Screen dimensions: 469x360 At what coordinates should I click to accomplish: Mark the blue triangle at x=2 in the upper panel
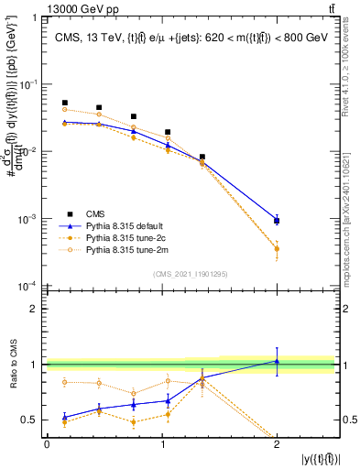click(277, 220)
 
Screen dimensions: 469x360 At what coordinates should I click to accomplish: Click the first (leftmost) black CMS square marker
click(64, 103)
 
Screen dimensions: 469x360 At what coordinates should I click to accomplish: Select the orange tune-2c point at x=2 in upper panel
click(277, 249)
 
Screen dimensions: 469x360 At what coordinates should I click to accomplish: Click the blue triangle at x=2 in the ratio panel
click(277, 361)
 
